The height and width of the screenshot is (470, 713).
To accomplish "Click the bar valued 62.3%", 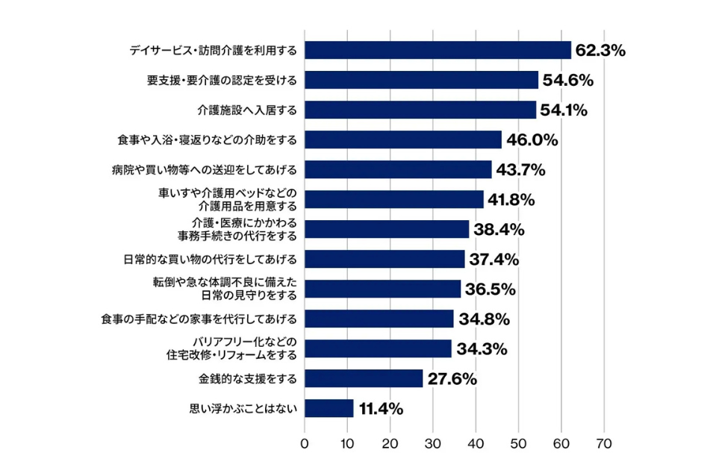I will pyautogui.click(x=438, y=50).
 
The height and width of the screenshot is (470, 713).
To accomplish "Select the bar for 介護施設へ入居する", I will pyautogui.click(x=420, y=110).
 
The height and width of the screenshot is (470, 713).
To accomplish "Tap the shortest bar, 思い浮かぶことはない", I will pyautogui.click(x=329, y=408).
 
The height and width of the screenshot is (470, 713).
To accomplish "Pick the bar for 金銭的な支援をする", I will pyautogui.click(x=364, y=378).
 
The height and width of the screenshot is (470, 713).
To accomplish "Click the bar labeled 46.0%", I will pyautogui.click(x=403, y=140).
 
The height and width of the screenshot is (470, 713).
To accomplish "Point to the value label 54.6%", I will pyautogui.click(x=567, y=80).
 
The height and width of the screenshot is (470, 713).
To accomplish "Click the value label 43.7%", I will pyautogui.click(x=520, y=169).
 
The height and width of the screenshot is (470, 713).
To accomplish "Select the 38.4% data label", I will pyautogui.click(x=498, y=229).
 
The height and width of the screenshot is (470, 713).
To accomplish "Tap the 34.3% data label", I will pyautogui.click(x=480, y=348).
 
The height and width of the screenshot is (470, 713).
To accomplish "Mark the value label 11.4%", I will pyautogui.click(x=382, y=408).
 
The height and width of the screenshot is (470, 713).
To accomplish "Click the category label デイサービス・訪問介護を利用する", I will pyautogui.click(x=213, y=50).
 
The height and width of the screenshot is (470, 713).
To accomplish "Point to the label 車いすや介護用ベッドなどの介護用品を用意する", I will pyautogui.click(x=227, y=199).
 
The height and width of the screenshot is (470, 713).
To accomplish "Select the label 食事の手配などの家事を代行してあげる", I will pyautogui.click(x=199, y=319).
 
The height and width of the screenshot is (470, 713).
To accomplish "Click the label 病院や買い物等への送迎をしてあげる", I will pyautogui.click(x=204, y=169).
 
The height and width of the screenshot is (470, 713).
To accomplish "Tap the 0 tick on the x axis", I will pyautogui.click(x=305, y=444).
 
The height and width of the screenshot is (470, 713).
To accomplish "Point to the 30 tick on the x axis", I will pyautogui.click(x=433, y=444).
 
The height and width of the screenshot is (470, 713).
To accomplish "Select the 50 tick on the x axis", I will pyautogui.click(x=519, y=444).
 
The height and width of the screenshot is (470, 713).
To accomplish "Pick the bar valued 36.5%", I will pyautogui.click(x=383, y=289).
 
